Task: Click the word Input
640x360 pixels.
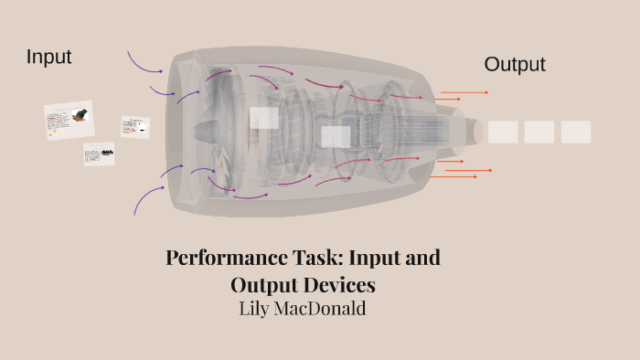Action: (x=48, y=57)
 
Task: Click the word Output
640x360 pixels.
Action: (x=515, y=64)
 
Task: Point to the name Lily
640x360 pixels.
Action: (x=256, y=309)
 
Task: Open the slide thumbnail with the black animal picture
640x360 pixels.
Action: (x=69, y=120)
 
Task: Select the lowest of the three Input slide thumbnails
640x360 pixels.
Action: (x=99, y=154)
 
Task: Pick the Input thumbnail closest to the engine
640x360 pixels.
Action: (x=134, y=127)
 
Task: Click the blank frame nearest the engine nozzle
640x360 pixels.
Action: (x=503, y=132)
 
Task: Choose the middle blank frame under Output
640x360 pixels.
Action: (x=539, y=132)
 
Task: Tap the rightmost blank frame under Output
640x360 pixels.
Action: (x=576, y=132)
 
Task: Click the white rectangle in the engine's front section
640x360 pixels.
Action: (x=264, y=118)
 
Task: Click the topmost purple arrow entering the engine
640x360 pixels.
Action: (x=144, y=61)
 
